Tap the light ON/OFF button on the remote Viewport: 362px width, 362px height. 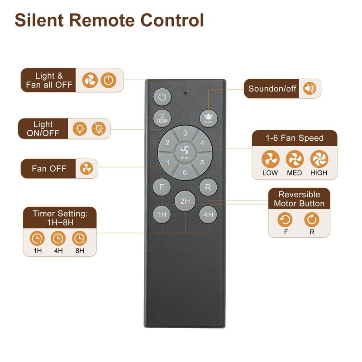click(162, 118)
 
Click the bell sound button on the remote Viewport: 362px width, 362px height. click(208, 118)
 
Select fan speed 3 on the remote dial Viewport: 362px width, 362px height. click(185, 133)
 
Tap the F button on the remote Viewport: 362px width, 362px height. click(162, 186)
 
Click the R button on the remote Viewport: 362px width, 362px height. click(208, 186)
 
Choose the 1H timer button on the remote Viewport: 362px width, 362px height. click(162, 214)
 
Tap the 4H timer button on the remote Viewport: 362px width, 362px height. click(208, 214)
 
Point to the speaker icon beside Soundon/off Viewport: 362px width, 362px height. click(310, 89)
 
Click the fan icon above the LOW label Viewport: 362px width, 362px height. click(270, 159)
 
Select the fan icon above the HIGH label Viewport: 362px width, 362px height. click(318, 159)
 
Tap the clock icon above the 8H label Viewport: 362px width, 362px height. click(80, 238)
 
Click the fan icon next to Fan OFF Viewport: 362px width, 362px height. click(86, 169)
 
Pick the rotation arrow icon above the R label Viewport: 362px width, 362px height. click(312, 220)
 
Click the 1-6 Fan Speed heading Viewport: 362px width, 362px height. click(295, 138)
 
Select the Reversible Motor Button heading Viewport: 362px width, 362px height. click(299, 199)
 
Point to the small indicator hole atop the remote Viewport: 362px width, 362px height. click(185, 92)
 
